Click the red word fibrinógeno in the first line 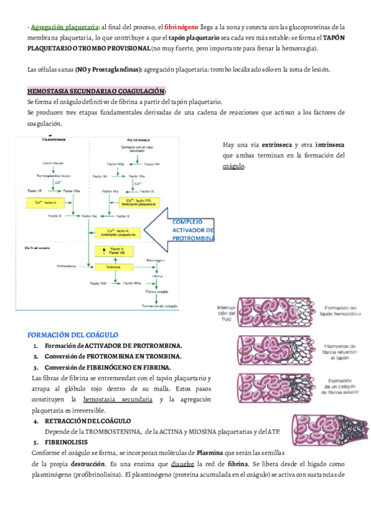(x=181, y=27)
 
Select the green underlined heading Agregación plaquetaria (x=64, y=27)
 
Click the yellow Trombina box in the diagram (x=113, y=267)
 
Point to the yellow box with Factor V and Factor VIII (x=113, y=250)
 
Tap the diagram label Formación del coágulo (x=159, y=305)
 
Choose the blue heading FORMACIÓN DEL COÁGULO (x=77, y=334)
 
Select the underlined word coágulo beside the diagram (x=233, y=166)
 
